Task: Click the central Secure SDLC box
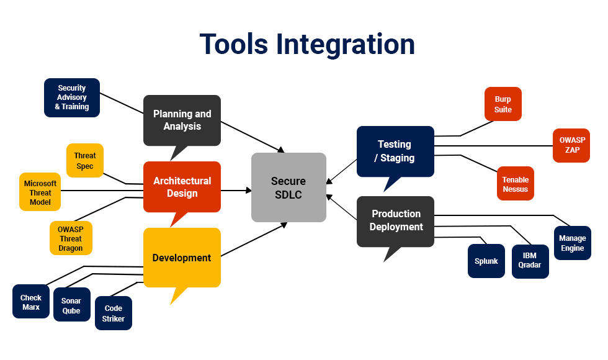288,187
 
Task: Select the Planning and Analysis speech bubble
182,120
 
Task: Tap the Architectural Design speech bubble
182,187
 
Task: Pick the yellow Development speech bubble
182,258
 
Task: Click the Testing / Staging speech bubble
395,151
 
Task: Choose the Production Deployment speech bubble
396,221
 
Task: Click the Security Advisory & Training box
72,97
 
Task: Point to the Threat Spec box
85,161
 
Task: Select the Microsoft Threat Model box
40,192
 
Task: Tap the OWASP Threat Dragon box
71,238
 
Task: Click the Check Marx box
31,302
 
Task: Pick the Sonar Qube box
71,305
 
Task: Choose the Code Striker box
114,313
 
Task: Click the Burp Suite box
503,104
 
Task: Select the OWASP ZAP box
571,145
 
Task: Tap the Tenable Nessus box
516,184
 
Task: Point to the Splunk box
486,261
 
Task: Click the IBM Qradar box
530,261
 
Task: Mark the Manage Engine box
572,243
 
